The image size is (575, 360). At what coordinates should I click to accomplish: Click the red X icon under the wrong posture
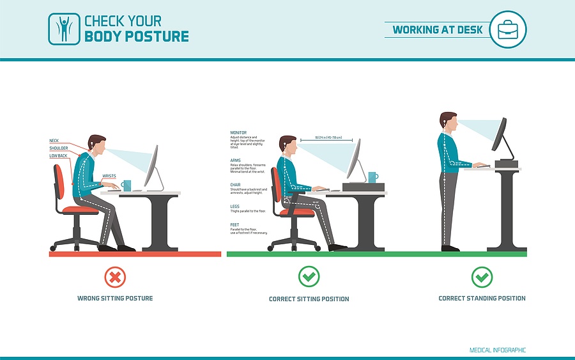115,277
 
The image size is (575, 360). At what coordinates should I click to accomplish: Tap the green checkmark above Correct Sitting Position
309,277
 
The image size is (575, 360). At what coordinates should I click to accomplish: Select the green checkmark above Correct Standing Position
482,277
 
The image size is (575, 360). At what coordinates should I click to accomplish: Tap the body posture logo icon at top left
64,29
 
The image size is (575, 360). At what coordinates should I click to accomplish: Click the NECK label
54,141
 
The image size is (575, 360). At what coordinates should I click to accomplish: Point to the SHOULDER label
59,148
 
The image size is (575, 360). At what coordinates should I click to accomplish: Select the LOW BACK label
58,156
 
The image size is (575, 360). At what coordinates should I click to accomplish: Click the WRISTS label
109,176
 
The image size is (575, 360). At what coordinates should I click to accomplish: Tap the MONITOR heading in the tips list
238,133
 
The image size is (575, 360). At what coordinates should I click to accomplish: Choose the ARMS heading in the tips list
236,160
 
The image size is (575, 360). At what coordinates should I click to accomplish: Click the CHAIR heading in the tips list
236,185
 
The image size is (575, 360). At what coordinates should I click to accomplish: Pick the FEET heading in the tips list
234,224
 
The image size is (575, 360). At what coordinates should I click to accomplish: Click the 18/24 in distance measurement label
328,137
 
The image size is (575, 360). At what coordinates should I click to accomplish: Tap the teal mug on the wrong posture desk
126,185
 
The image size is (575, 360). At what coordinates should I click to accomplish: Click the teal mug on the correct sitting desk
372,176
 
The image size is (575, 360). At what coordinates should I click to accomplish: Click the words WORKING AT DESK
437,30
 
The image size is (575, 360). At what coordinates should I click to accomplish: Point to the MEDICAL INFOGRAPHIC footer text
498,350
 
